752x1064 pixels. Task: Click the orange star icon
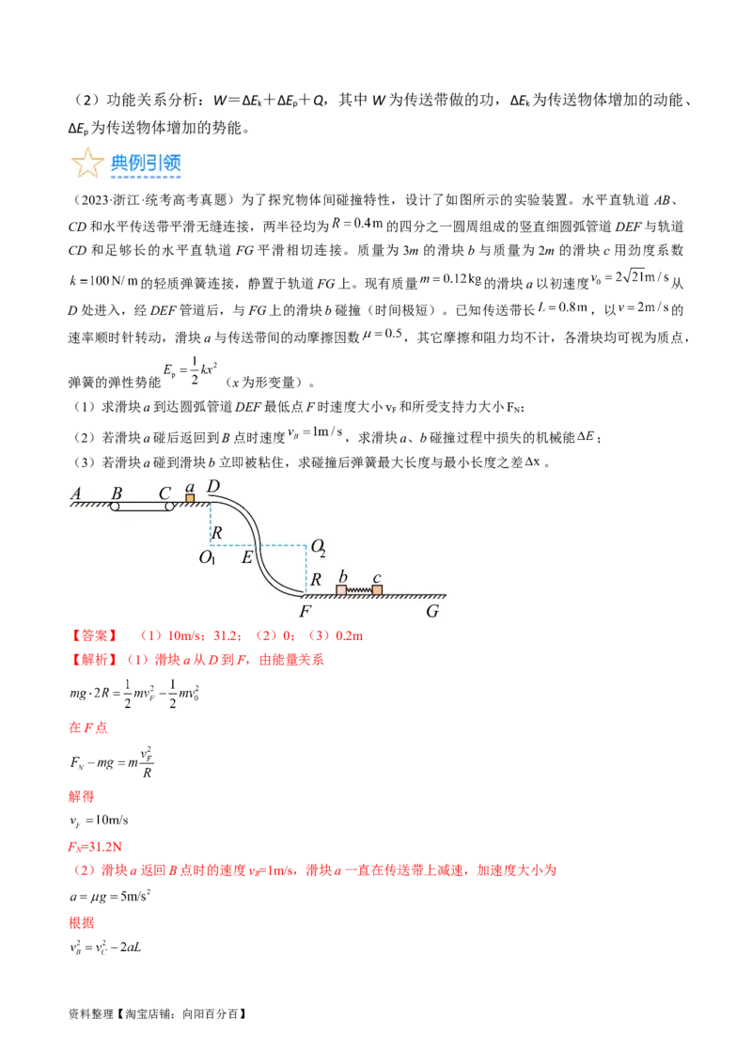coord(87,164)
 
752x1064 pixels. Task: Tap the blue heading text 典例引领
coord(146,164)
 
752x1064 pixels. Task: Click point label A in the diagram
coord(76,493)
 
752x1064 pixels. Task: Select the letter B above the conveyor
coord(117,493)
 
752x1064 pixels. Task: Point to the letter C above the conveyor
coord(164,493)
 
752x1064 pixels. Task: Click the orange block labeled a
coord(190,498)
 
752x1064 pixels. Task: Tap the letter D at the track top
coord(213,486)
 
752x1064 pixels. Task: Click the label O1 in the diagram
coord(208,556)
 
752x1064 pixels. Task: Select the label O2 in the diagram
coord(318,547)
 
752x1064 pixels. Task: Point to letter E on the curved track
coord(247,556)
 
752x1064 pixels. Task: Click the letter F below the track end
coord(305,611)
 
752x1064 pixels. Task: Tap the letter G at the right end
coord(432,611)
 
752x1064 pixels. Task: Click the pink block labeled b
coord(341,590)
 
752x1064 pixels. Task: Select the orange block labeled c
coord(377,590)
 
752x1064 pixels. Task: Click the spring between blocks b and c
coord(359,590)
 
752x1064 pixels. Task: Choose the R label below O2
coord(317,579)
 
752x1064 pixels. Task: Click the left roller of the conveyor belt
coord(115,507)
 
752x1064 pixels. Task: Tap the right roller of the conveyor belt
coord(170,507)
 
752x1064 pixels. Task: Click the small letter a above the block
coord(190,487)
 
